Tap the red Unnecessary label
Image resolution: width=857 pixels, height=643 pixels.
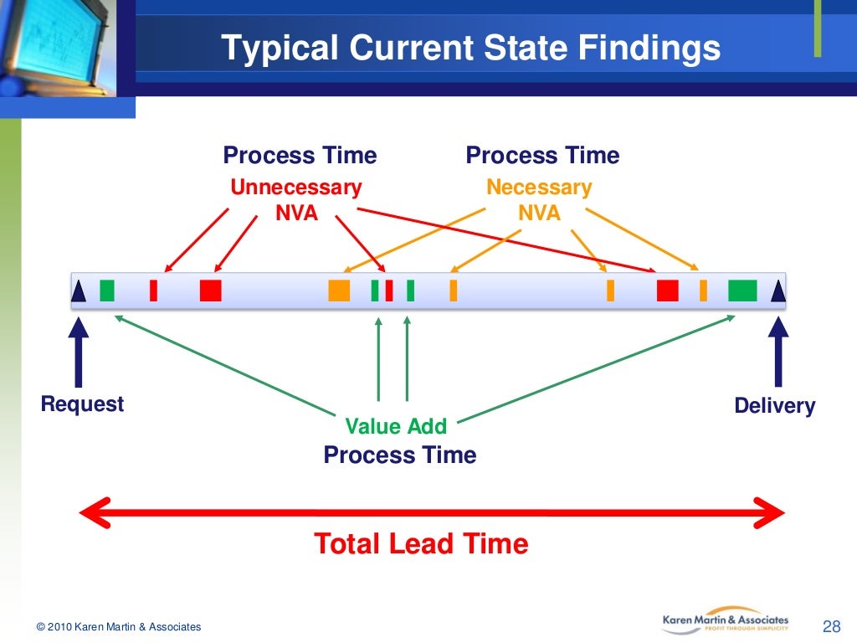(x=296, y=188)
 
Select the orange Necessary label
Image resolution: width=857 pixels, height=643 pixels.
(x=539, y=188)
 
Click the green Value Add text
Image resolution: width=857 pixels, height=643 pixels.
(x=396, y=426)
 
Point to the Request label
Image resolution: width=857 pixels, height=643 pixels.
(x=82, y=404)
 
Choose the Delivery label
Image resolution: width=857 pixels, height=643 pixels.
(x=774, y=406)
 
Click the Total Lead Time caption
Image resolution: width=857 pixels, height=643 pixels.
(x=421, y=544)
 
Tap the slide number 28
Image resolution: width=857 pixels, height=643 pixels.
(x=831, y=626)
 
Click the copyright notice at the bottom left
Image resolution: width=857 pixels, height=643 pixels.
(x=119, y=627)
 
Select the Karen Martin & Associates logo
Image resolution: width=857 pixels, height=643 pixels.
(x=725, y=621)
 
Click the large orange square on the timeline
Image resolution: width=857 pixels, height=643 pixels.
(x=339, y=291)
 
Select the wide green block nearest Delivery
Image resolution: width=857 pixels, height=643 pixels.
(x=742, y=291)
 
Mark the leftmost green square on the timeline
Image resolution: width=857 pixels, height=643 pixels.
(x=106, y=291)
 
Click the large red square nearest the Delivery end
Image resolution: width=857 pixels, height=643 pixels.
(x=667, y=291)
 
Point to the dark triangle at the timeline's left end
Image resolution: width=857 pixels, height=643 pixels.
(x=79, y=291)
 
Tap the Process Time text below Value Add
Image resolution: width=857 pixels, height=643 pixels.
(x=399, y=455)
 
